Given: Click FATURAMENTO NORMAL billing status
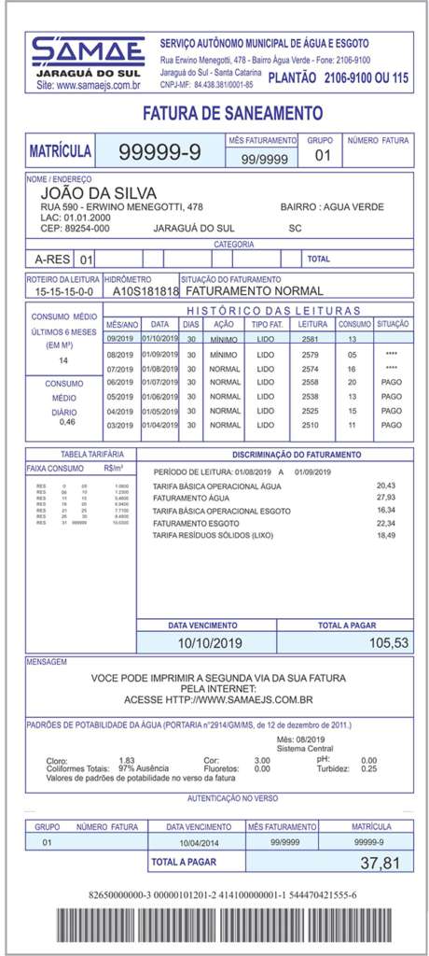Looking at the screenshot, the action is tap(237, 291).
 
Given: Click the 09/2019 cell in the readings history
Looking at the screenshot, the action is tap(121, 339).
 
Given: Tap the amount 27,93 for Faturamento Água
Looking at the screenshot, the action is tap(385, 498).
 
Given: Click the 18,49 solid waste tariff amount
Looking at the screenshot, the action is tap(385, 535).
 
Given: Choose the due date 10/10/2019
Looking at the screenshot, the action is tap(209, 643).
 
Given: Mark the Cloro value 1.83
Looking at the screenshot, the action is tap(127, 760).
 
